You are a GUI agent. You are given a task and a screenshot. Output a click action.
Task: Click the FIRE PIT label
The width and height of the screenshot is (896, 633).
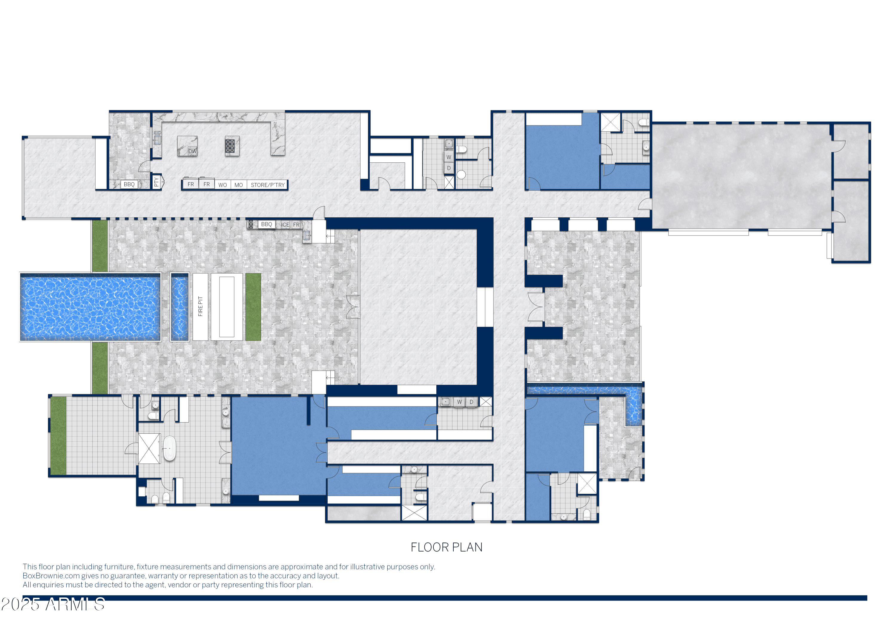[200, 306]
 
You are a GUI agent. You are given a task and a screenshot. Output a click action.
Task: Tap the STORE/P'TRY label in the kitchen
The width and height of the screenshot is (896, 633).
[268, 185]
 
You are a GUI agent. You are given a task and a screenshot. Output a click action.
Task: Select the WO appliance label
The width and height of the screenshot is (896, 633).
[223, 185]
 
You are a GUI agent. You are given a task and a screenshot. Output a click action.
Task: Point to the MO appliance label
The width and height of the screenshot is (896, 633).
[238, 185]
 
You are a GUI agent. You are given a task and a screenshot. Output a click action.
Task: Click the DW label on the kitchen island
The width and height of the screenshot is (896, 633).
[192, 151]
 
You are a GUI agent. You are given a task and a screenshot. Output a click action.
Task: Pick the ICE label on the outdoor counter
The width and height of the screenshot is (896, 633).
[286, 225]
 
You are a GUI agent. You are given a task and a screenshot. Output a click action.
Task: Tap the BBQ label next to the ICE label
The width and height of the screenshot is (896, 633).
[266, 224]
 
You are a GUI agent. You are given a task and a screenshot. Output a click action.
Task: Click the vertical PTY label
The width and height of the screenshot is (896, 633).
[157, 182]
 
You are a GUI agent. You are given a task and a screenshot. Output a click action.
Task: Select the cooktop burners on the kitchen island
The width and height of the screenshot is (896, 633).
[230, 146]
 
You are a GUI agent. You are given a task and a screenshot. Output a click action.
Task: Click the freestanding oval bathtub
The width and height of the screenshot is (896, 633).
[169, 449]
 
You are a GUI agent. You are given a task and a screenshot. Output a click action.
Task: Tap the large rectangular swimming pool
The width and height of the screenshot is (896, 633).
[90, 307]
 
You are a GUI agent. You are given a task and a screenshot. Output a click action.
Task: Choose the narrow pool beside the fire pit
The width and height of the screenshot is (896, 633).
[180, 307]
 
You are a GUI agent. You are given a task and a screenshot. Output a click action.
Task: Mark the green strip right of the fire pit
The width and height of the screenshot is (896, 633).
[253, 307]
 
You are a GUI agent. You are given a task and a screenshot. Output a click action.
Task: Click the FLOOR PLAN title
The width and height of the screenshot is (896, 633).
[447, 547]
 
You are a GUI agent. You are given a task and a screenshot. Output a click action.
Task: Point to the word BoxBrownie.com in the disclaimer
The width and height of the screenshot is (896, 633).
[51, 576]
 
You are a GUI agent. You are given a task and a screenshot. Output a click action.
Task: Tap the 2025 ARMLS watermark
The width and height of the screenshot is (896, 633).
[53, 604]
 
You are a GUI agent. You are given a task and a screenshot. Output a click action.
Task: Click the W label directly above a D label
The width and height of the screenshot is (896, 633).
[449, 157]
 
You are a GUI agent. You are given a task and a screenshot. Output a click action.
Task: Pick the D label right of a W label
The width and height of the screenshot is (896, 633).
[471, 402]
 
